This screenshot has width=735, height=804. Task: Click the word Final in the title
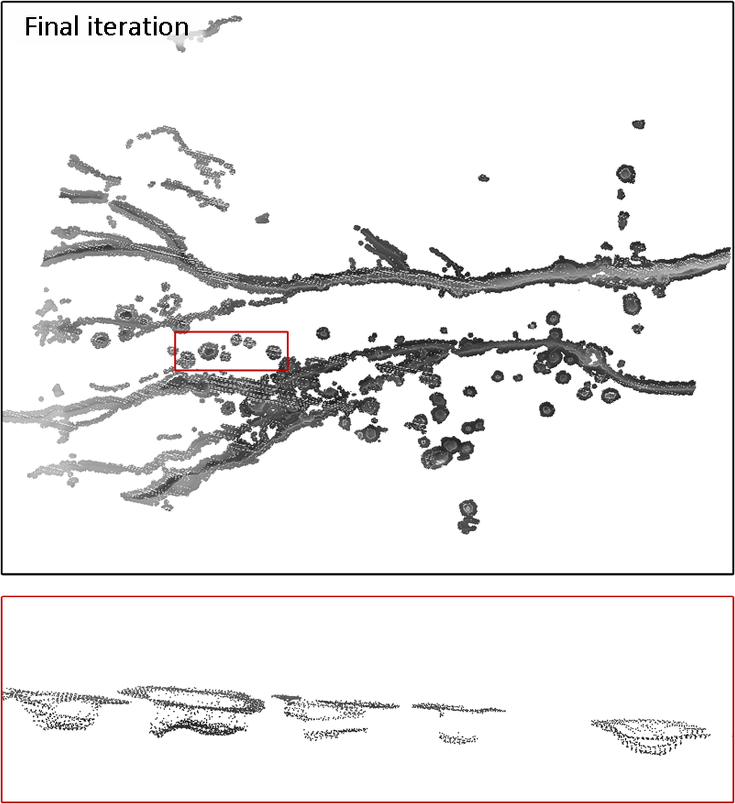(51, 27)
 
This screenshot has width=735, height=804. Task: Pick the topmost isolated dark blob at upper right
(639, 124)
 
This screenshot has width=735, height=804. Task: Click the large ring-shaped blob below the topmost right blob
(626, 174)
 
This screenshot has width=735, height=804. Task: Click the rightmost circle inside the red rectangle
(274, 352)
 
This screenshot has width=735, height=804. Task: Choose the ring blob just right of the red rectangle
(323, 333)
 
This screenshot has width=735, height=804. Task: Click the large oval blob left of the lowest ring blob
(436, 457)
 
